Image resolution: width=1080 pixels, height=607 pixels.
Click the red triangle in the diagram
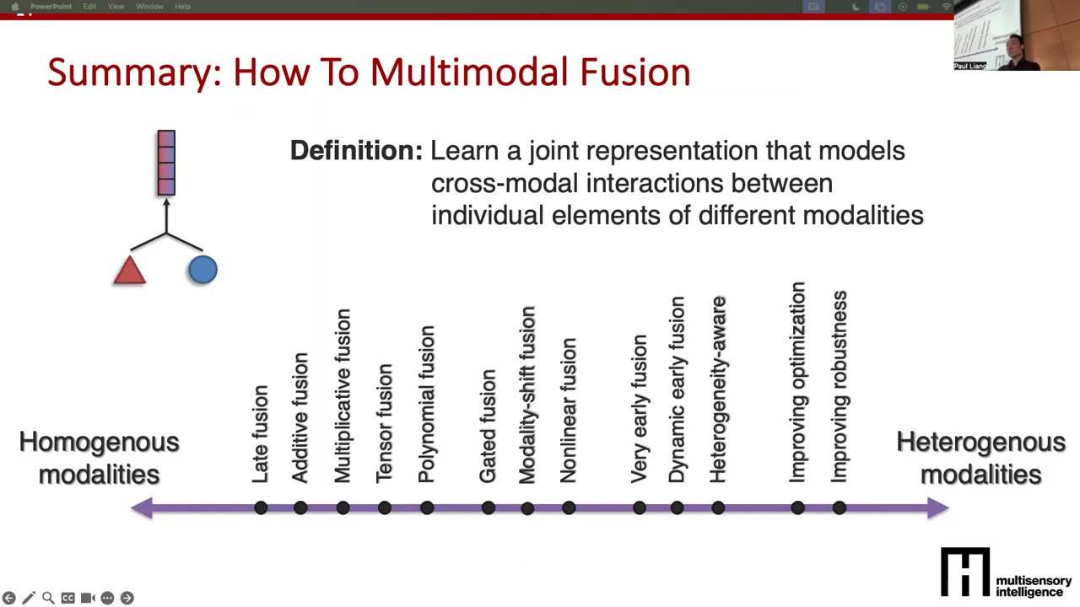[x=130, y=271]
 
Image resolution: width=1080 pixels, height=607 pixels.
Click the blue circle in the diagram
[x=202, y=269]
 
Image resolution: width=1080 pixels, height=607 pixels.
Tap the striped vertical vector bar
[x=166, y=163]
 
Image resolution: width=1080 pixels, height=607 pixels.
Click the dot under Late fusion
[x=261, y=508]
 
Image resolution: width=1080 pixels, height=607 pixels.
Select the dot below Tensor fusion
[x=384, y=508]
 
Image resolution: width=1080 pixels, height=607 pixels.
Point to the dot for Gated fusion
[x=489, y=508]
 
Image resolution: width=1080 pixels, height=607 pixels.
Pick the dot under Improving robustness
[x=840, y=508]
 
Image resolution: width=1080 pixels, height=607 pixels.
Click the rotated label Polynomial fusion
[x=426, y=404]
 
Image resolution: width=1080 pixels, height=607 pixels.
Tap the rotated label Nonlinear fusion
[x=569, y=411]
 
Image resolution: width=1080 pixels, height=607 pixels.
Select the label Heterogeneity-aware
[x=718, y=389]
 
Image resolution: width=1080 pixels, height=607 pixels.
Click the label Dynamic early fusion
[x=677, y=389]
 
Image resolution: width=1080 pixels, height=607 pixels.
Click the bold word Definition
[x=356, y=150]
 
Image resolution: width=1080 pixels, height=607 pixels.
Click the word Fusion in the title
[x=635, y=73]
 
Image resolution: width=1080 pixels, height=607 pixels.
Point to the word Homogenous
[x=99, y=442]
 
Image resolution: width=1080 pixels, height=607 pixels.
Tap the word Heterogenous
[x=980, y=442]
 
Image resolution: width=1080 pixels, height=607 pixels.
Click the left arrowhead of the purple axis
[x=142, y=508]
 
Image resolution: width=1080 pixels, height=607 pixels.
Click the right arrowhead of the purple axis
[x=937, y=508]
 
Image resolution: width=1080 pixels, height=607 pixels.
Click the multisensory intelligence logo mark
[x=965, y=572]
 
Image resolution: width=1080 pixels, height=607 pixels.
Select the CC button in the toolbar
[x=68, y=598]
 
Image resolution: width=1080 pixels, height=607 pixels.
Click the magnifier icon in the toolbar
[x=48, y=598]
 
